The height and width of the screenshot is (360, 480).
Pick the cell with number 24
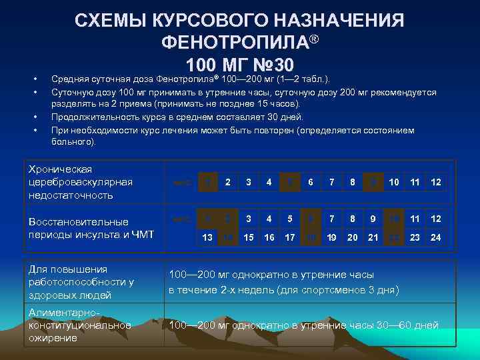pos(436,237)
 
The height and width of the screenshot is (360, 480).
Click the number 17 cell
pos(289,237)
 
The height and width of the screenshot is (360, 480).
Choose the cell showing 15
pos(248,237)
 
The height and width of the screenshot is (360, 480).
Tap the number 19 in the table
pos(331,237)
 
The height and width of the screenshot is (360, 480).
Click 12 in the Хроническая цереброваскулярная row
pos(436,182)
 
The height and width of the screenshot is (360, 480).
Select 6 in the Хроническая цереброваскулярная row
pos(311,182)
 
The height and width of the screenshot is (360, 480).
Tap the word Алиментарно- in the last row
pos(63,313)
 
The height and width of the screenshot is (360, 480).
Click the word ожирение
pos(53,338)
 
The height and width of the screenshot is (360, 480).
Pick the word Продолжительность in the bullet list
pos(93,117)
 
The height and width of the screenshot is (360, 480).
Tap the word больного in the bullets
pos(72,141)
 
